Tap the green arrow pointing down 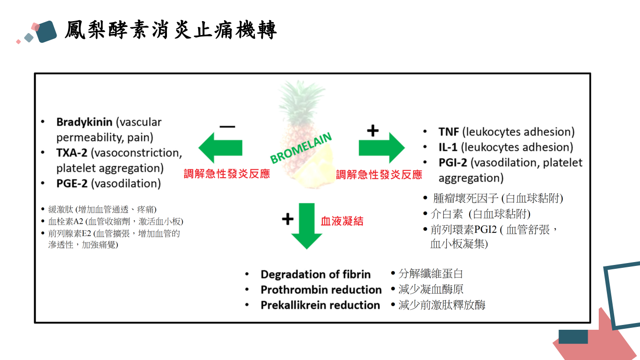click(307, 225)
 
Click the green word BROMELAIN click(301, 148)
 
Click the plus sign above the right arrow click(373, 130)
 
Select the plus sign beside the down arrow click(287, 219)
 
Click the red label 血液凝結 click(342, 221)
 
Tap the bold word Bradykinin click(84, 122)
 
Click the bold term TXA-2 click(72, 153)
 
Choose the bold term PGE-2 click(72, 183)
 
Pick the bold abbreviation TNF click(449, 132)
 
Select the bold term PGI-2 click(452, 162)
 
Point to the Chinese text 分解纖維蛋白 click(431, 274)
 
